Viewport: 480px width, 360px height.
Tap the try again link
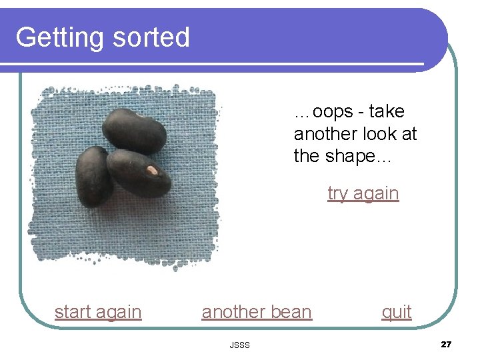click(363, 193)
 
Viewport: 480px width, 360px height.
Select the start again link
click(98, 312)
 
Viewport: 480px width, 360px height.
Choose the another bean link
click(257, 312)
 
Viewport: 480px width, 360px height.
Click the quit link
click(397, 312)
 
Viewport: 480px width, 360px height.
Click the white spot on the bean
click(152, 171)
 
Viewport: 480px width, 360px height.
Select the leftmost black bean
click(94, 176)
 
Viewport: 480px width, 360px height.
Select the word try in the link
click(337, 194)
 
